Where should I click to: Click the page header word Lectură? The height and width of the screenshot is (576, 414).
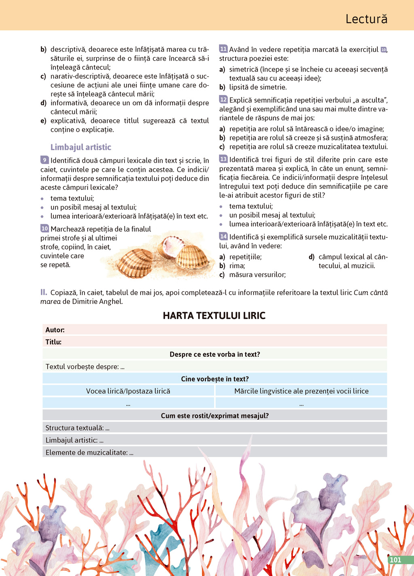tap(366, 19)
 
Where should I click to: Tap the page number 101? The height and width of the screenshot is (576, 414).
tap(395, 560)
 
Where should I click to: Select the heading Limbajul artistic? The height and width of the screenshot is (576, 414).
tap(81, 147)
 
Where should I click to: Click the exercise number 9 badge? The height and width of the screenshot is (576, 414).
tap(44, 160)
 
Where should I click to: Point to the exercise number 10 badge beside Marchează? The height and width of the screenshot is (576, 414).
tap(44, 229)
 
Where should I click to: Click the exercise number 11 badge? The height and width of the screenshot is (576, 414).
tap(223, 49)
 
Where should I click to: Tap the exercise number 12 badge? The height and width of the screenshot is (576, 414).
tap(223, 100)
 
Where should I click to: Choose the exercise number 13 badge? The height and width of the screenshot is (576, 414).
tap(223, 159)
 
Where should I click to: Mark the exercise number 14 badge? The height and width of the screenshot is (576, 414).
tap(223, 236)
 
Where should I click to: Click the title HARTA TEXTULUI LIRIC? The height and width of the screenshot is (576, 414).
tap(214, 316)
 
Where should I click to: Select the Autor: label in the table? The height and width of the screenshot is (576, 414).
tap(55, 330)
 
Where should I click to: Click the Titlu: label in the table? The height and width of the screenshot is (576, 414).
tap(53, 342)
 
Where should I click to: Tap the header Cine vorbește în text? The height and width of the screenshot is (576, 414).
tap(215, 379)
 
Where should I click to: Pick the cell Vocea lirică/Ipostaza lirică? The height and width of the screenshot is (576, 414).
tap(128, 391)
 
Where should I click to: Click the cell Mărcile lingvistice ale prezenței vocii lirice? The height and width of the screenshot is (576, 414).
tap(301, 391)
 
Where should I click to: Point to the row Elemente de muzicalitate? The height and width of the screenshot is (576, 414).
tap(89, 453)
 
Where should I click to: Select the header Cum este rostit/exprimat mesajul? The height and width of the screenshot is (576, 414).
tap(215, 416)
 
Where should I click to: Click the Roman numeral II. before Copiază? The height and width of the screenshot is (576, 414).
tap(44, 292)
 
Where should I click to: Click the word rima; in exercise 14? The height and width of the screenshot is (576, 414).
tap(237, 266)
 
